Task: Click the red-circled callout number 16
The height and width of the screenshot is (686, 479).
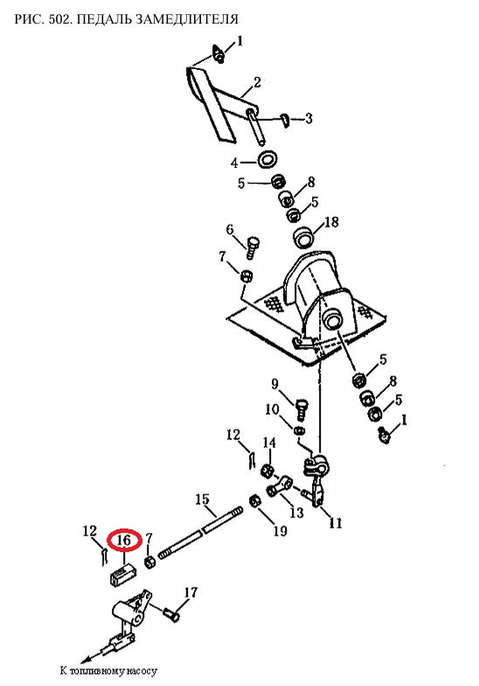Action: [124, 541]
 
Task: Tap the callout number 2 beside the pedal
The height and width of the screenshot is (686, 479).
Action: [257, 82]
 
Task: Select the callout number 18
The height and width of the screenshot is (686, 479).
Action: [332, 222]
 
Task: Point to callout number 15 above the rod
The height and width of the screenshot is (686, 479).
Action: [203, 500]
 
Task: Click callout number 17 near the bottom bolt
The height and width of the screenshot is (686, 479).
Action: [191, 592]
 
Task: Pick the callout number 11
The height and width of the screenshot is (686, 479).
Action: [336, 522]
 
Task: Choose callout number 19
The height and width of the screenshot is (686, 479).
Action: [280, 530]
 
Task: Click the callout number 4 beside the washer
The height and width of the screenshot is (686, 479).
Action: [234, 163]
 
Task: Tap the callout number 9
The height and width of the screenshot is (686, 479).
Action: [274, 384]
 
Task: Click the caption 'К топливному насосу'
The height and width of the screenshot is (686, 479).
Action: [108, 670]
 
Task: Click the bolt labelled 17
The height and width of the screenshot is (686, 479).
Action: [171, 614]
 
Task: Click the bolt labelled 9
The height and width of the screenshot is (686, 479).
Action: [302, 407]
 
